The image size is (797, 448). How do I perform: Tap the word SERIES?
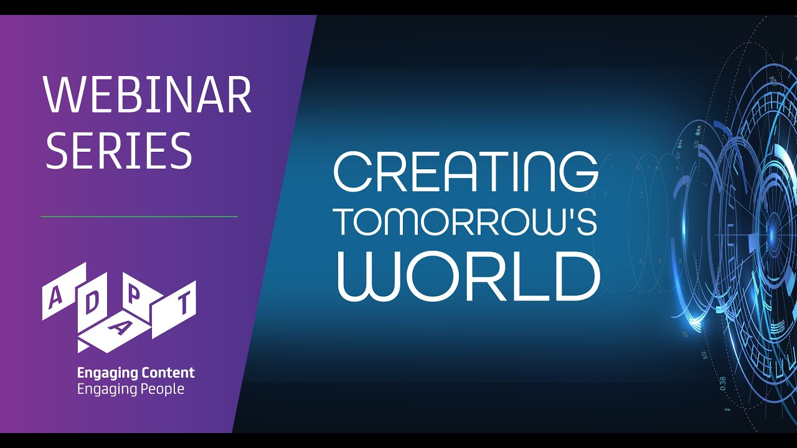(x=120, y=150)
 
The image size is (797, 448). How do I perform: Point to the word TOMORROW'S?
(x=466, y=222)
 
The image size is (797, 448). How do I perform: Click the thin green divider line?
(x=139, y=216)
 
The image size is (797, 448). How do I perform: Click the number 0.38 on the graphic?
(x=723, y=384)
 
